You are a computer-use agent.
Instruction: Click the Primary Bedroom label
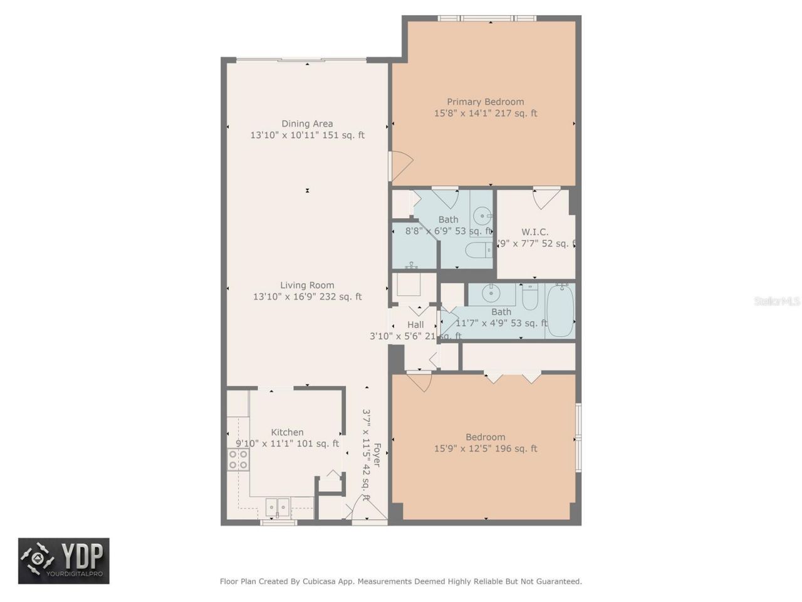[485, 102]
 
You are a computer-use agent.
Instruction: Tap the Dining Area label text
[307, 124]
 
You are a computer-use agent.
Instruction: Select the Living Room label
[307, 285]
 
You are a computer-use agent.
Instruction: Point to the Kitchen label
[287, 432]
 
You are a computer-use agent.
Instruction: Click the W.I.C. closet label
[534, 232]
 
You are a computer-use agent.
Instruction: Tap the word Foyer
[377, 455]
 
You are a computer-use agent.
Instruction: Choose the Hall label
[415, 325]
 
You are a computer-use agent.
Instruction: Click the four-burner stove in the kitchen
[238, 459]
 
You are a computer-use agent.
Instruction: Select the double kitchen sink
[278, 507]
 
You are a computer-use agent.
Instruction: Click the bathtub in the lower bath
[560, 310]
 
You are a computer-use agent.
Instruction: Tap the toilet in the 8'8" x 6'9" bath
[479, 250]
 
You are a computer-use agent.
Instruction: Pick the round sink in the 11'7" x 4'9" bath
[491, 293]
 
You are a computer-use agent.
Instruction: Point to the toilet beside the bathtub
[530, 297]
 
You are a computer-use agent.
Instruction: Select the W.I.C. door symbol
[546, 198]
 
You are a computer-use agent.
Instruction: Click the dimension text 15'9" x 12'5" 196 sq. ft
[485, 448]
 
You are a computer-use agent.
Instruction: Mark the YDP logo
[64, 560]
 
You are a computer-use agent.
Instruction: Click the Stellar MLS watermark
[776, 302]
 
